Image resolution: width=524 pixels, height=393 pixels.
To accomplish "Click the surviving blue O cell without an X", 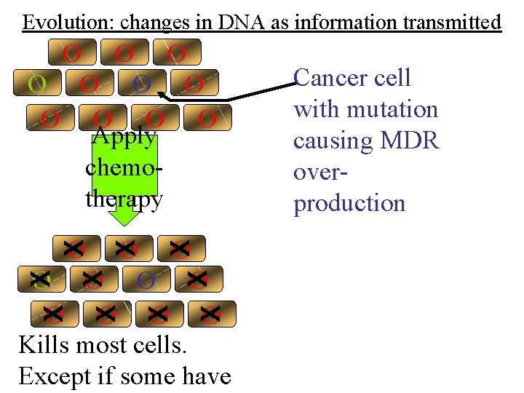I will pyautogui.click(x=146, y=279).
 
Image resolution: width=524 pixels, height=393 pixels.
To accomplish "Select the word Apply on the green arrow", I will pyautogui.click(x=124, y=137).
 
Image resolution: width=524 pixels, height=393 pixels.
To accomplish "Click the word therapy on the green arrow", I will pyautogui.click(x=124, y=199).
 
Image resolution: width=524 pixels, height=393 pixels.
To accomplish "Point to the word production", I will pyautogui.click(x=349, y=203).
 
